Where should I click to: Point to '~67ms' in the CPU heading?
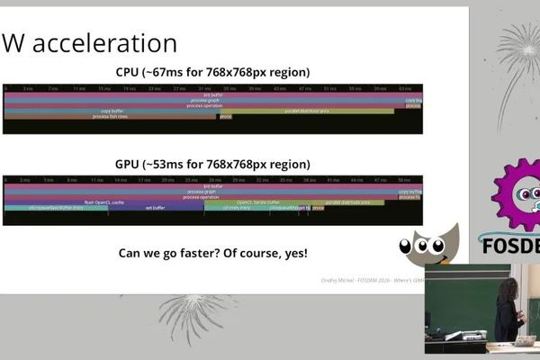[x=164, y=72]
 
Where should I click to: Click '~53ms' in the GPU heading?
[x=164, y=165]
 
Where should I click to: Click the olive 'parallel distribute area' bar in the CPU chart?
[x=307, y=111]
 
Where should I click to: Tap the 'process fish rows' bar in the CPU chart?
[x=110, y=116]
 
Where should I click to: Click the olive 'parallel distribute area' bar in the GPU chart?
[x=342, y=202]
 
